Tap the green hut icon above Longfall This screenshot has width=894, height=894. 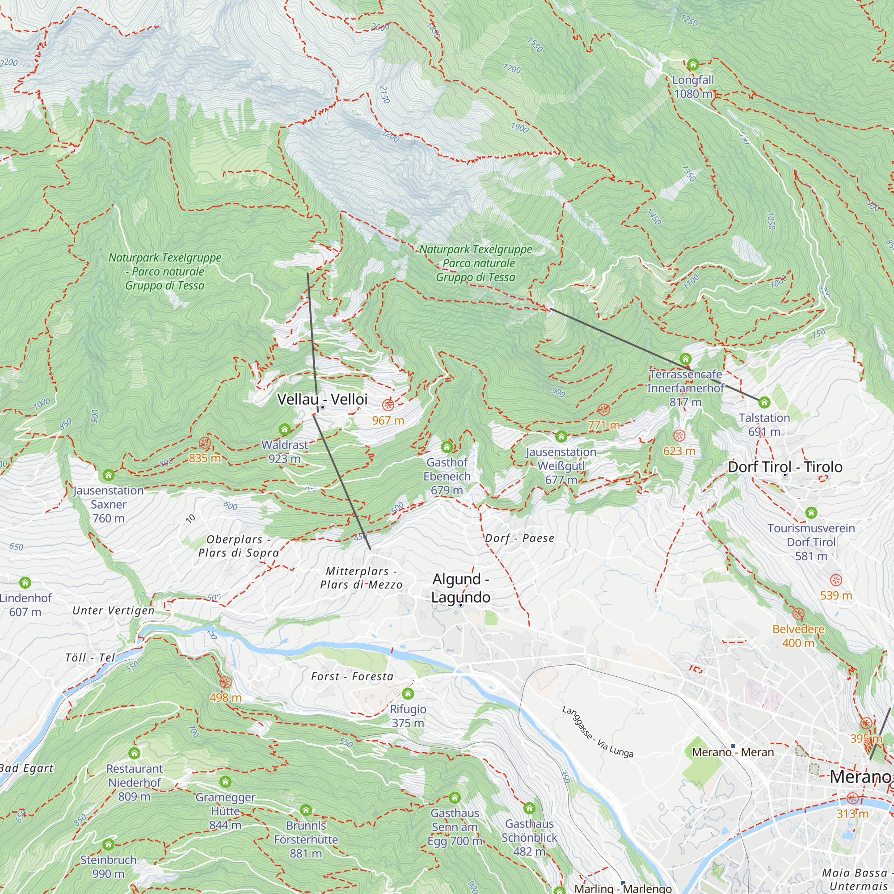693,64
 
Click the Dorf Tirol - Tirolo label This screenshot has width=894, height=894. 785,467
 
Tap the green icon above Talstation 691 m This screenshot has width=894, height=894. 764,402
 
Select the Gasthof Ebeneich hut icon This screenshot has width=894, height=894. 447,447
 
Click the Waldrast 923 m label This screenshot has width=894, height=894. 285,451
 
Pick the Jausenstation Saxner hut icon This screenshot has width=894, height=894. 108,475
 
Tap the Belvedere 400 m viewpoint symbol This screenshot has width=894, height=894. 798,614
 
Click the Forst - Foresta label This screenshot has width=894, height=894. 352,676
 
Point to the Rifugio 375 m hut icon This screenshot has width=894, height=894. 408,694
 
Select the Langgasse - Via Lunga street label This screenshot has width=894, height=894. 597,732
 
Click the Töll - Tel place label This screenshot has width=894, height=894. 90,658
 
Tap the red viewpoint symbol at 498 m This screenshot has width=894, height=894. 225,682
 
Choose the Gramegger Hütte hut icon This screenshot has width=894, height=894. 225,782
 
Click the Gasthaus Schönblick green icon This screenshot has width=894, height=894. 529,808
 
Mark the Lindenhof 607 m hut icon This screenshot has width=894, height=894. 25,582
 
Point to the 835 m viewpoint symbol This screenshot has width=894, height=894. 205,443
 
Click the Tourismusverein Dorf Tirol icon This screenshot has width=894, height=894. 811,513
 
